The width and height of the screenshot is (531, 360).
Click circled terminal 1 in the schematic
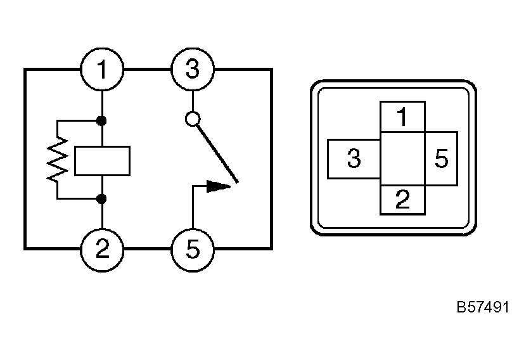pos(102,69)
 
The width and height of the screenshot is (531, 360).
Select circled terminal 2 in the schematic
pos(102,248)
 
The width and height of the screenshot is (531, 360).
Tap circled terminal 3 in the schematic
pos(193,69)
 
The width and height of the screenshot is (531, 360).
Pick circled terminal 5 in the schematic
pos(193,248)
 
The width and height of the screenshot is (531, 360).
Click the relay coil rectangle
pos(102,160)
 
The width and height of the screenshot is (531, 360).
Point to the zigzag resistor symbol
pos(58,160)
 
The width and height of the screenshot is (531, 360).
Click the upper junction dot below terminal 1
pos(102,120)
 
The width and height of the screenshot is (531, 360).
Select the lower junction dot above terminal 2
pos(102,199)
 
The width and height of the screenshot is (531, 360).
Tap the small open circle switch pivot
pos(193,119)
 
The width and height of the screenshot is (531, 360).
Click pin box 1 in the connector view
pos(402,117)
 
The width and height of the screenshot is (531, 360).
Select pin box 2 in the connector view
pos(402,200)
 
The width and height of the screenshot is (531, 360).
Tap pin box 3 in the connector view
pos(354,159)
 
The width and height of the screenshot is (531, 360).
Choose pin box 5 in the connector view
pos(441,159)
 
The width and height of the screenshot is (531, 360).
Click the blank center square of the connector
pos(402,159)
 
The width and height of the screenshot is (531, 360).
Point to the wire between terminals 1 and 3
pos(147,69)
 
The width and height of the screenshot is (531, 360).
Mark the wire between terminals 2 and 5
pos(147,248)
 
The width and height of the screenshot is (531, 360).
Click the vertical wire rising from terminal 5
pos(193,209)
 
